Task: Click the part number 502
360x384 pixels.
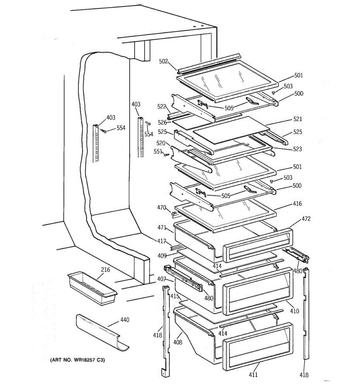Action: tap(164, 61)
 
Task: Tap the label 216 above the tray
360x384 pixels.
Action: tap(105, 270)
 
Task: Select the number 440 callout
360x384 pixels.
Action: tap(124, 320)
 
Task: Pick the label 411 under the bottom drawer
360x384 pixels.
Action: tap(253, 375)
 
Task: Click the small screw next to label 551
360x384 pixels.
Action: tap(166, 155)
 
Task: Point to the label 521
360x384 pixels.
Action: tap(297, 119)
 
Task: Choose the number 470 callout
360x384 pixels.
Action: tap(162, 207)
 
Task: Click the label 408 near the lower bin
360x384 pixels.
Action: tap(178, 342)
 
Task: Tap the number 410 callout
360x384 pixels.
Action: tap(294, 311)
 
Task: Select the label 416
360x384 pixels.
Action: tap(297, 204)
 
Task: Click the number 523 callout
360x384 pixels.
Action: tap(297, 149)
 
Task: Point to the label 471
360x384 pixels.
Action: tap(162, 228)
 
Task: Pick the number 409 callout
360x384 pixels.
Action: tap(162, 256)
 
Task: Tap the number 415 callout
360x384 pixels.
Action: tap(175, 296)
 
